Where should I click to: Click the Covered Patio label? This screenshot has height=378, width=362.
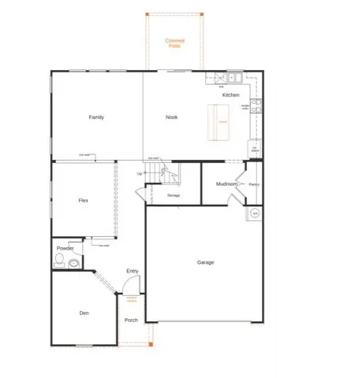[x=174, y=43]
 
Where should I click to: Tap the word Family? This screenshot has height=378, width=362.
[x=95, y=117]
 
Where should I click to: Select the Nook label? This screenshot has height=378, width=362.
[x=171, y=117]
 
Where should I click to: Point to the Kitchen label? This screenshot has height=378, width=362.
[x=230, y=94]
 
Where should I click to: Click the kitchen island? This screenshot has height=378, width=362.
[x=222, y=122]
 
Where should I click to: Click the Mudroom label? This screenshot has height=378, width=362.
[x=226, y=184]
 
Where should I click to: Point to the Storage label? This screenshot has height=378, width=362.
[x=174, y=195]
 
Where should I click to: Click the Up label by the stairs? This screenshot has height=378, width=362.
[x=140, y=173]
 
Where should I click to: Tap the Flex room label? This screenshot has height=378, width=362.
[x=83, y=200]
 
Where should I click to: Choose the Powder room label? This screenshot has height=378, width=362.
[x=65, y=248]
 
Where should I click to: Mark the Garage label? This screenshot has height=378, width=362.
[x=206, y=262]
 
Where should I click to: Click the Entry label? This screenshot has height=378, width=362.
[x=132, y=272]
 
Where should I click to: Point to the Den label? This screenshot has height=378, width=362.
[x=84, y=313]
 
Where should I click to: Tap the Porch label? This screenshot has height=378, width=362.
[x=132, y=320]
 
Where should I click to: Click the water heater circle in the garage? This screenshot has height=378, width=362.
[x=255, y=213]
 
